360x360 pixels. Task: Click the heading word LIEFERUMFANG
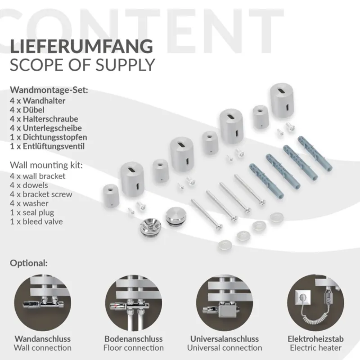[81, 47]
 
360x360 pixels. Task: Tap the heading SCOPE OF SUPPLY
[82, 65]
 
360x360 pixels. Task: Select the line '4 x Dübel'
[27, 110]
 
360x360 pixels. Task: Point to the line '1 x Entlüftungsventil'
[47, 146]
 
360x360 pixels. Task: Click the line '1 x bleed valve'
[36, 221]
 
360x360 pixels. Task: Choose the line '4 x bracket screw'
[41, 194]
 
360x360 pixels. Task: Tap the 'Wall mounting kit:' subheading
[46, 165]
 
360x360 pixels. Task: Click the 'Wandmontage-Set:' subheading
[49, 90]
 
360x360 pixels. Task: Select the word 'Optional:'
[29, 263]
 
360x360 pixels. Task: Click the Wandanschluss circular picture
[43, 302]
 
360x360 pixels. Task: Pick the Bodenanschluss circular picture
[134, 302]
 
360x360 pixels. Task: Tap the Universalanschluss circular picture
[225, 302]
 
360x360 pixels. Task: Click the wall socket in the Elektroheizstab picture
[303, 297]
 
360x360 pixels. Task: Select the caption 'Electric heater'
[316, 348]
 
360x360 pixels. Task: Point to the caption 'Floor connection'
[134, 348]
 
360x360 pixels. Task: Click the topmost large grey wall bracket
[282, 100]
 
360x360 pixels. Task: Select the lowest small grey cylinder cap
[110, 195]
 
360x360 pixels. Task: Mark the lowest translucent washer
[225, 245]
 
